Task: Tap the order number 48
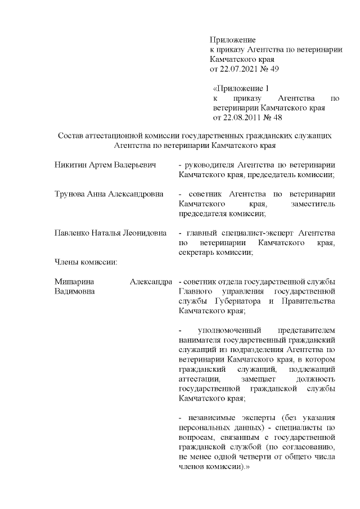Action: point(277,118)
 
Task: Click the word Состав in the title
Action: point(71,136)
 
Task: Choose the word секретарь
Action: point(196,253)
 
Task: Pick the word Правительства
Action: point(309,301)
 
